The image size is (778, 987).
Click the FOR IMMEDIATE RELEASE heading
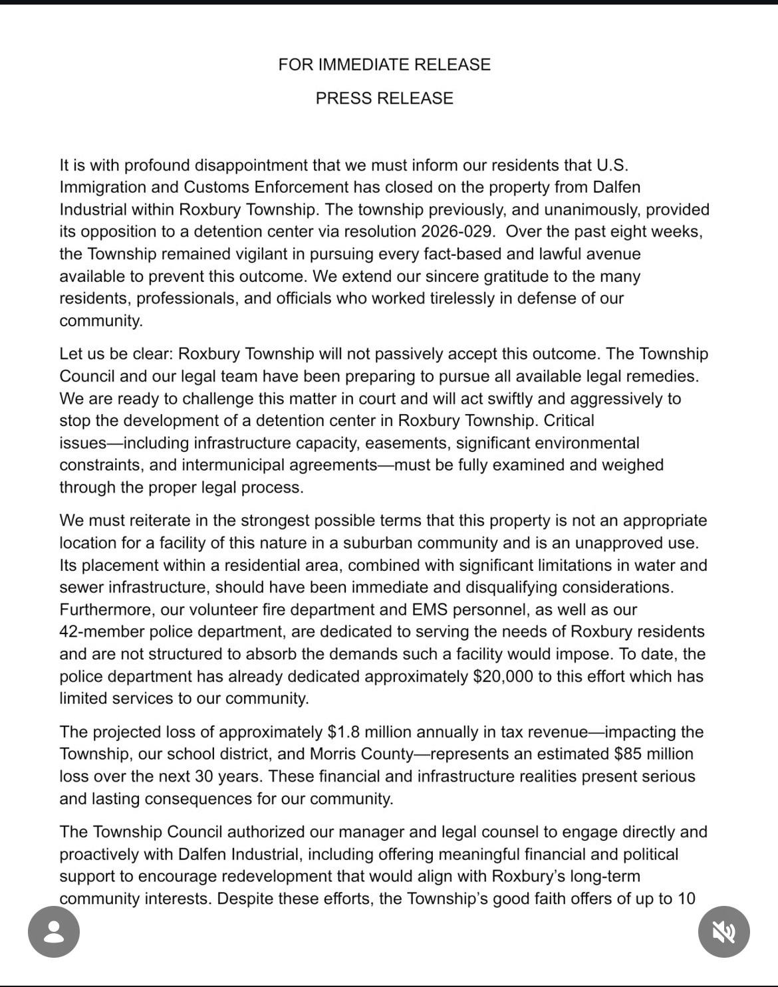click(x=384, y=64)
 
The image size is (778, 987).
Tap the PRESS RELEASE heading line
click(x=384, y=98)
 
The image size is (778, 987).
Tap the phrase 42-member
click(x=100, y=632)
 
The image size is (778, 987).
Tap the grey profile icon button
click(x=54, y=932)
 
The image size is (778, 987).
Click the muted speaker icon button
click(x=724, y=932)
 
